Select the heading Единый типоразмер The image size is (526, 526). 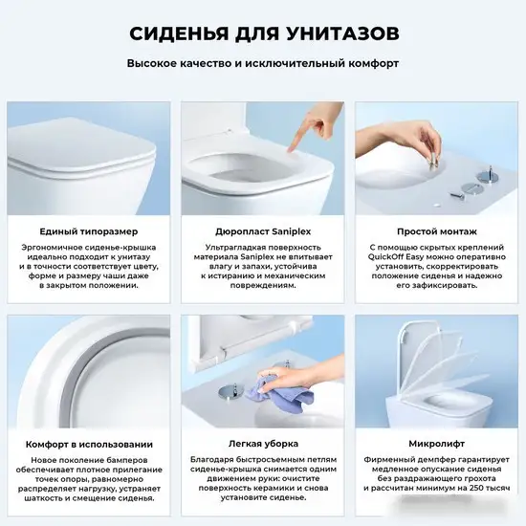tap(88, 231)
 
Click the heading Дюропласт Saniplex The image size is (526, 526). tap(262, 231)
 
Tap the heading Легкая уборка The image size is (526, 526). tap(262, 444)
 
